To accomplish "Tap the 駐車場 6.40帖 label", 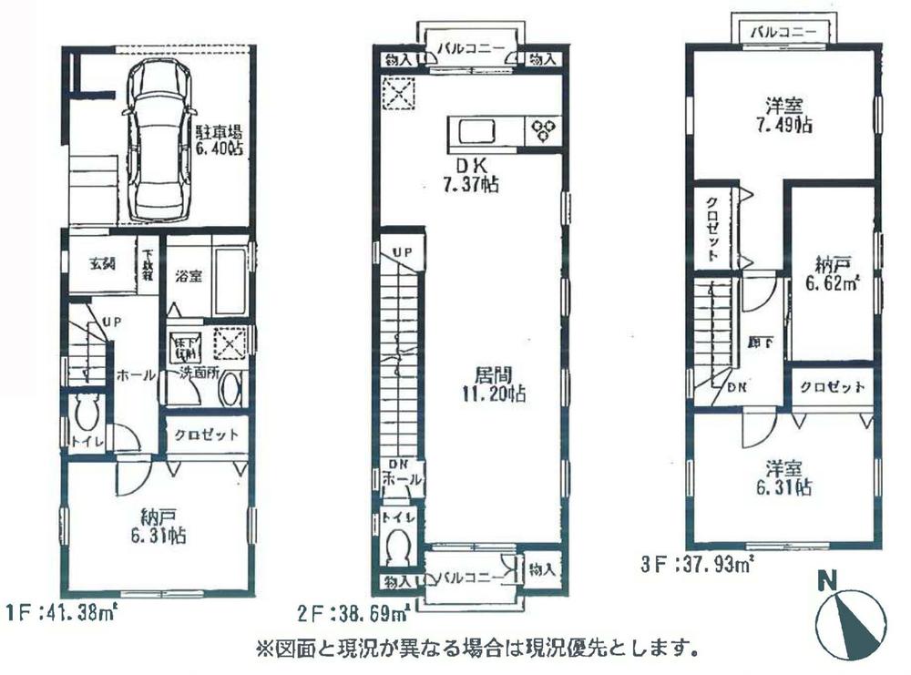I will coord(218,140).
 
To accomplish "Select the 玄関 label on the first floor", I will coord(101,264).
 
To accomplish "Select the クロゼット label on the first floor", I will coord(207,435).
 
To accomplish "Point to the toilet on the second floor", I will coord(398,547).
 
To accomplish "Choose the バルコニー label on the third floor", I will coord(782,32).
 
